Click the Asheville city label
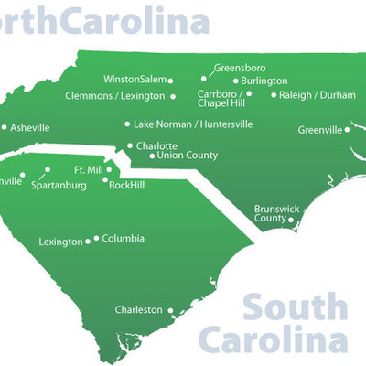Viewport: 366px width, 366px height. (30, 128)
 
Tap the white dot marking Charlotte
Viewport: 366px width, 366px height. (130, 145)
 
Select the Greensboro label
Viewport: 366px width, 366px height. (241, 67)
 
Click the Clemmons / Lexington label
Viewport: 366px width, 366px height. (115, 95)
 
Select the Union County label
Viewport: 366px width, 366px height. (188, 155)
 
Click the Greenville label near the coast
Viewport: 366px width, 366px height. (319, 129)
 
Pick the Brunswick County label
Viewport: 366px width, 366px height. (276, 214)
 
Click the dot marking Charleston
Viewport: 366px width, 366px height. (170, 310)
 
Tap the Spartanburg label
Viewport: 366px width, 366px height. (59, 185)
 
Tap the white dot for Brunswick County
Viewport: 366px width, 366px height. (290, 220)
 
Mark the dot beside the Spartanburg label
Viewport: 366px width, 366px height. (46, 170)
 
